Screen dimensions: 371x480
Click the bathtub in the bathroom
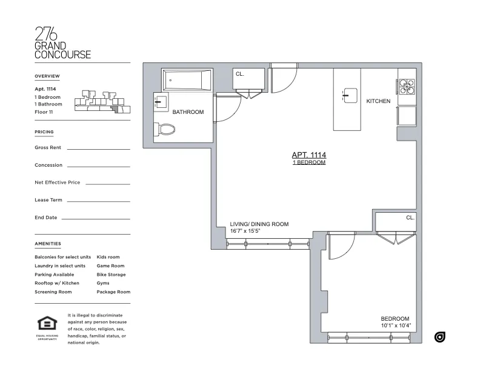pos(187,79)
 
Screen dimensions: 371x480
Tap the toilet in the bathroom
pos(165,129)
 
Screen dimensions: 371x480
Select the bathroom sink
pos(160,102)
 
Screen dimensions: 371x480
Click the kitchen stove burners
pos(407,87)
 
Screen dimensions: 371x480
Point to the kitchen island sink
pos(350,95)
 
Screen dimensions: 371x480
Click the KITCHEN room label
pos(378,101)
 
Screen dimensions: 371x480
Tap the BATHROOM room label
pos(188,112)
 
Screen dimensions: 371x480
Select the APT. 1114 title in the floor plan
pos(309,155)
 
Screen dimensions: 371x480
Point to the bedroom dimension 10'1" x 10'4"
pos(395,326)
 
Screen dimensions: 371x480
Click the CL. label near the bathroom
pos(239,74)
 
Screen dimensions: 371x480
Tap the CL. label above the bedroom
pos(410,218)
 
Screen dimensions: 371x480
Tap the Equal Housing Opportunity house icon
pos(45,323)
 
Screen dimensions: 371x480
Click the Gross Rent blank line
pos(98,149)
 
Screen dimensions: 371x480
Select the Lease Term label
pos(48,200)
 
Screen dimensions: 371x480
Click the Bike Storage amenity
pos(111,275)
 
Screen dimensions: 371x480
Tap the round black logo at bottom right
pos(440,337)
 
